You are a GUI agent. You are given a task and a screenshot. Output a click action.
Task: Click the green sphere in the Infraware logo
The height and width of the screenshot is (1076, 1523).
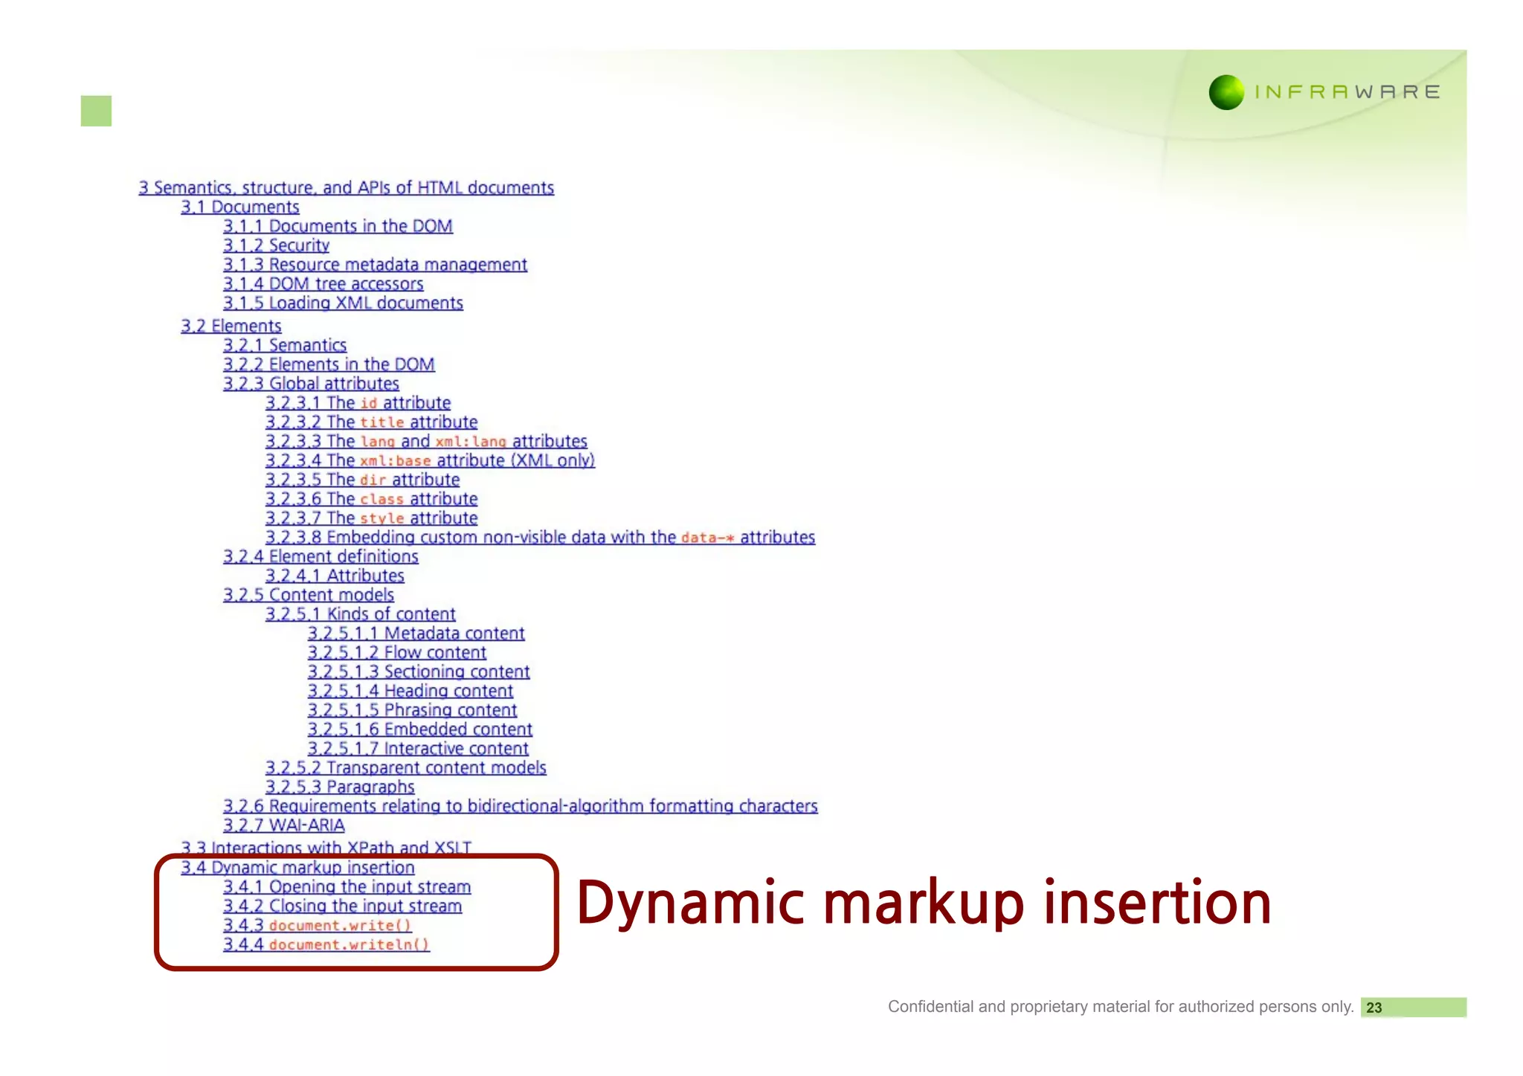[1226, 92]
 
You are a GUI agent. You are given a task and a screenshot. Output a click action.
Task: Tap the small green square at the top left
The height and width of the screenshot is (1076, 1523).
[96, 111]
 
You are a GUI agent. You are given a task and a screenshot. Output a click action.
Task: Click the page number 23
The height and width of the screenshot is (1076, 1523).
[1374, 1008]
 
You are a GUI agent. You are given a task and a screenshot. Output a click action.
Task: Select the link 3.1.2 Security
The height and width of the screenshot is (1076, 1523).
[276, 245]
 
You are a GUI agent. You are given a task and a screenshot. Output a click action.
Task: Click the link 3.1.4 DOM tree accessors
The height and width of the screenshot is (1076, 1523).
[323, 284]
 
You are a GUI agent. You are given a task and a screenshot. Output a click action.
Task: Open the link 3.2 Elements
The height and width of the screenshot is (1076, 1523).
[231, 326]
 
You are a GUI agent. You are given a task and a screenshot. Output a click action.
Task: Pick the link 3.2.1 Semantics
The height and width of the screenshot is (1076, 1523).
[285, 345]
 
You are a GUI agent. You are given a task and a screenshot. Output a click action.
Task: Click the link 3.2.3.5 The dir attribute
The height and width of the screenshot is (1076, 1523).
[362, 480]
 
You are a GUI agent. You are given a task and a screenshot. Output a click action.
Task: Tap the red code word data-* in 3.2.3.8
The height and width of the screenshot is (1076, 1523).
[707, 538]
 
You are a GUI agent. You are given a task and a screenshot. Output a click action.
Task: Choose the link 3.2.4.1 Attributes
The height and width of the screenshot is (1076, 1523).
[335, 576]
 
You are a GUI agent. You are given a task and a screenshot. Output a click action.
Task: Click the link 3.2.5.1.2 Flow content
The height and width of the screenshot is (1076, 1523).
[396, 652]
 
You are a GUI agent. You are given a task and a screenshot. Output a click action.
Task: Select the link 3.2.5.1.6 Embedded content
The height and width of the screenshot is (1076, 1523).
[419, 729]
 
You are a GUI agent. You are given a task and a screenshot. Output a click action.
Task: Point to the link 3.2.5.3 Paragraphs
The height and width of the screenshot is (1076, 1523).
[340, 787]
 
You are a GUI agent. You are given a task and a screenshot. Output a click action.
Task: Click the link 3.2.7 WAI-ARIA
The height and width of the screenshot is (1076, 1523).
[283, 825]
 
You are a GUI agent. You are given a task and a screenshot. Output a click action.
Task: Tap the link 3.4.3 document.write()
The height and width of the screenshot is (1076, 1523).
[317, 925]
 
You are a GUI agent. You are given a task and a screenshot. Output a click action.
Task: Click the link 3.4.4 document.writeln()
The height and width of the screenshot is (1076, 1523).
[326, 944]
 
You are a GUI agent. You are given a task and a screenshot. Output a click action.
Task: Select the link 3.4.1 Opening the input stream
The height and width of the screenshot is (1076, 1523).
[347, 886]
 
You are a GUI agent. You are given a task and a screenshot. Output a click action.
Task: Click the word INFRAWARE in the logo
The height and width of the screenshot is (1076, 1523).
[1347, 92]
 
